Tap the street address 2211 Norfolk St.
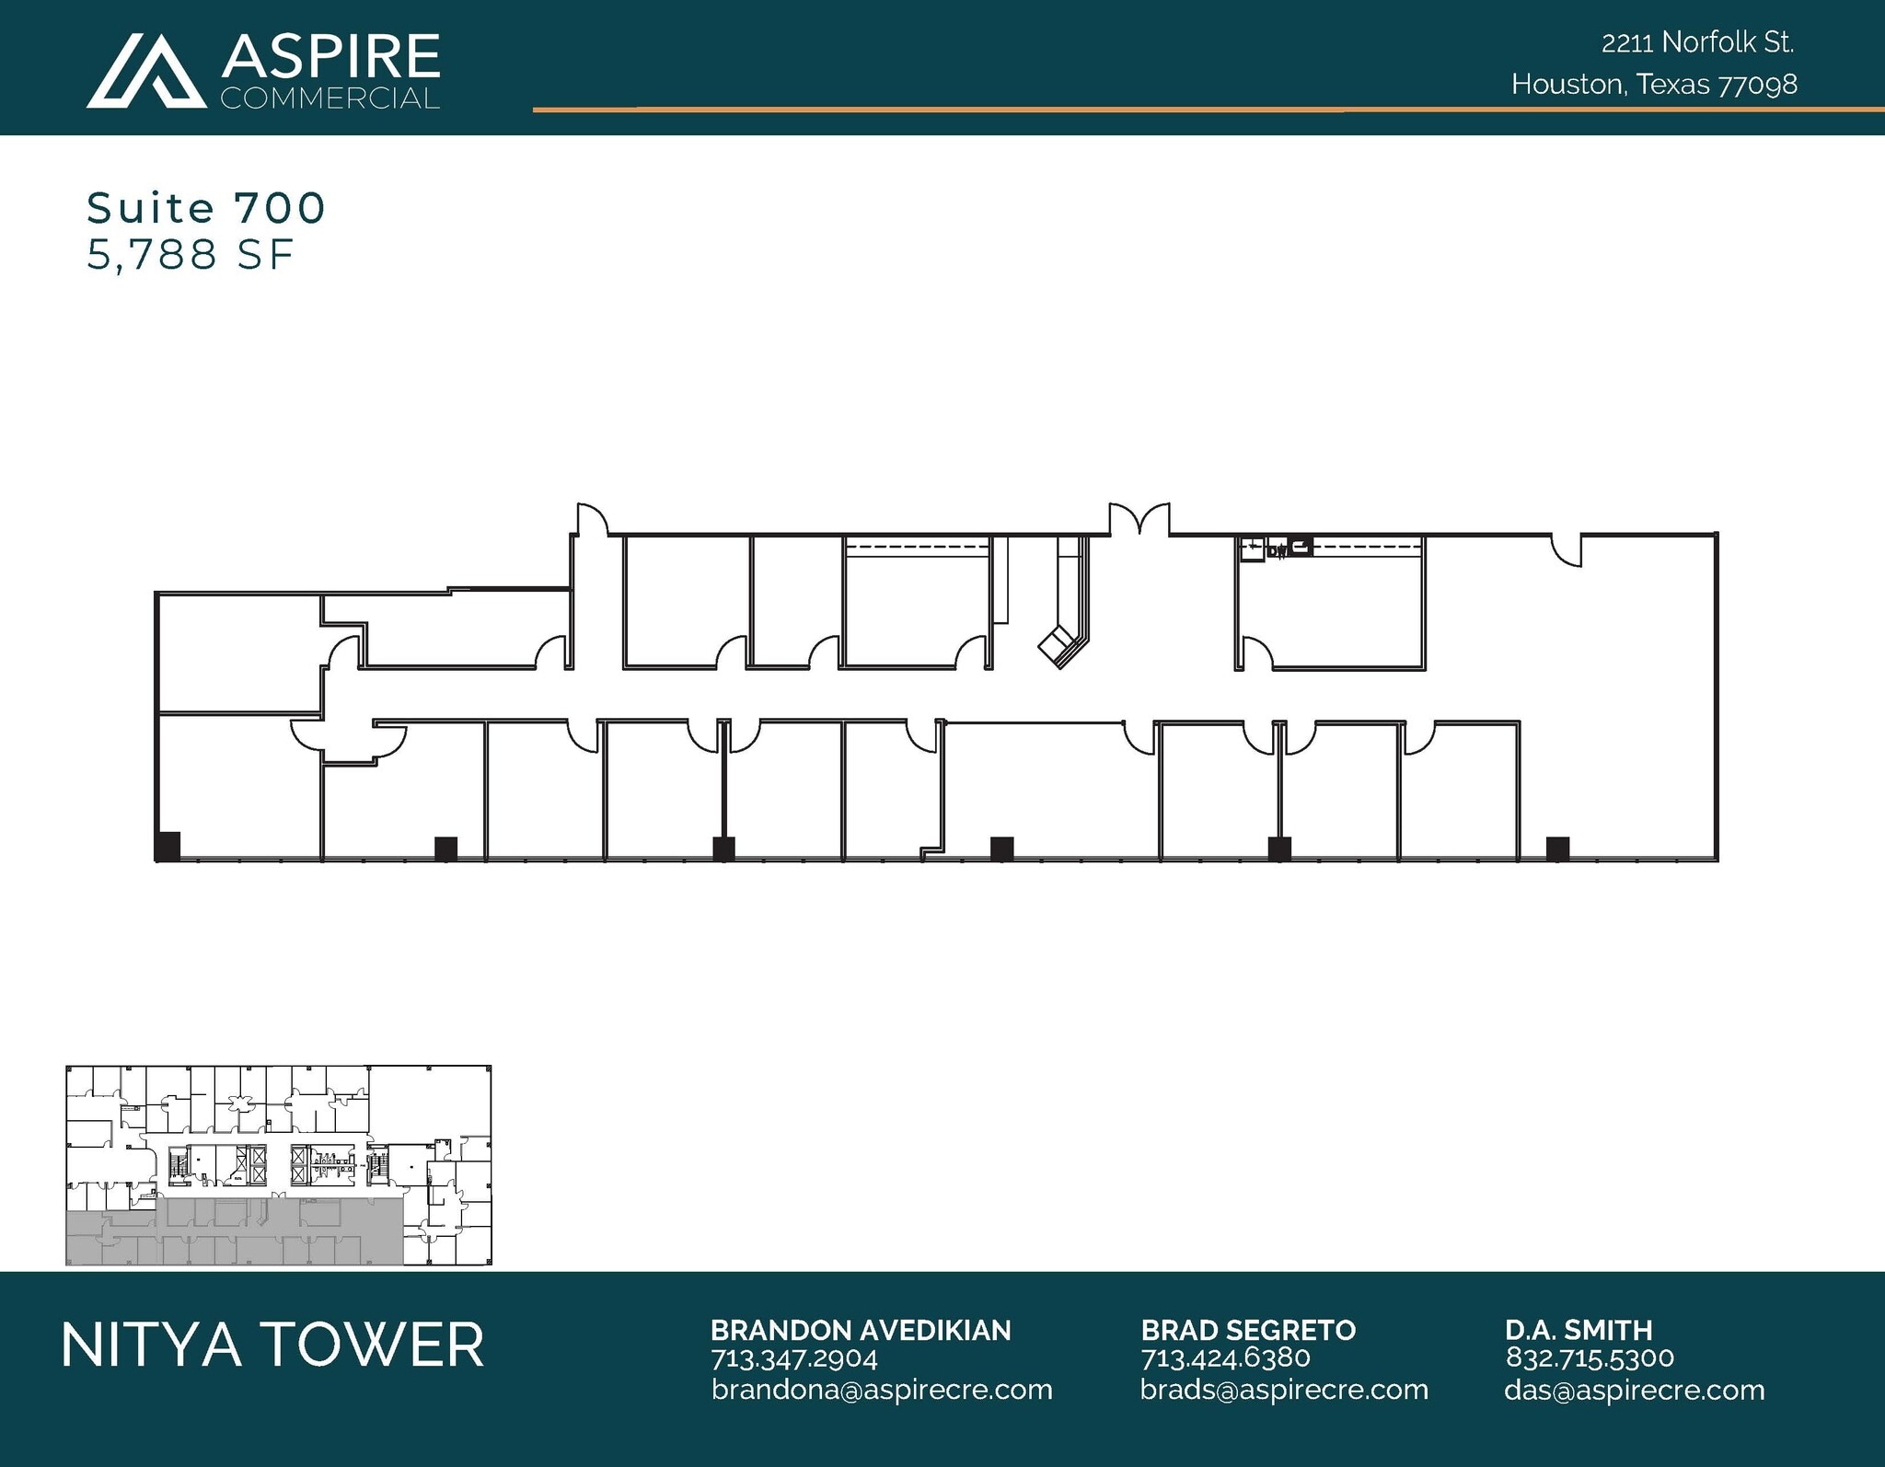(x=1697, y=42)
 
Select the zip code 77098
(x=1757, y=85)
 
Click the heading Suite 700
(x=206, y=208)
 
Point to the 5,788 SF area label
(x=191, y=255)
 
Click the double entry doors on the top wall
(x=1139, y=519)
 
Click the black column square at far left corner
(x=167, y=845)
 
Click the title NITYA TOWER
(x=272, y=1345)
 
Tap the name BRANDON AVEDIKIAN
(x=860, y=1330)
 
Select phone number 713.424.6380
(x=1225, y=1357)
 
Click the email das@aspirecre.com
(x=1634, y=1390)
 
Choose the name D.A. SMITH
(x=1579, y=1330)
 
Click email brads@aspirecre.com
(x=1284, y=1390)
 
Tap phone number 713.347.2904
(x=794, y=1357)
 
